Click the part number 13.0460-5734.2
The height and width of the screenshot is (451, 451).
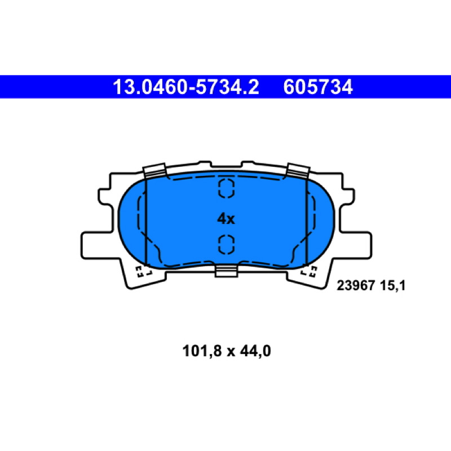[x=186, y=87]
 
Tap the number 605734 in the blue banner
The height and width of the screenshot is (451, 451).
[x=318, y=87]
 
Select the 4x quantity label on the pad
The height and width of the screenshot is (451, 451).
[x=226, y=219]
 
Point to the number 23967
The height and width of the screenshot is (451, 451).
[x=356, y=286]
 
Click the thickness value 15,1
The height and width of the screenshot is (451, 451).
[x=392, y=286]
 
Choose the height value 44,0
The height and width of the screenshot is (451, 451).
[x=255, y=351]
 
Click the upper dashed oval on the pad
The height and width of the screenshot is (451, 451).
[x=227, y=188]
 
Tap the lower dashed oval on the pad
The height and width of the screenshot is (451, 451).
[x=227, y=245]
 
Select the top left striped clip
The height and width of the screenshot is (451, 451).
[x=154, y=171]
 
